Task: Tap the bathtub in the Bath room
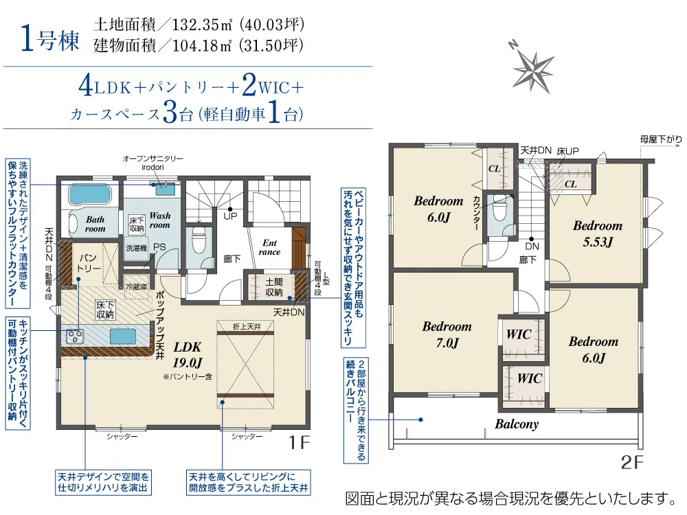[x=91, y=194]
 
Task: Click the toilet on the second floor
[x=499, y=209]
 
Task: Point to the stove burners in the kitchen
[x=74, y=336]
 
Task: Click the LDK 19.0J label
[x=188, y=355]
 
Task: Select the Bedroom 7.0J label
[x=447, y=334]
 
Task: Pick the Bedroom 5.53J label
[x=598, y=233]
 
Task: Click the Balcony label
[x=517, y=424]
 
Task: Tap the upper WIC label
[x=519, y=334]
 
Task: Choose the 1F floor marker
[x=299, y=442]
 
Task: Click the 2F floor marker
[x=632, y=462]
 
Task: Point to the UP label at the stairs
[x=230, y=216]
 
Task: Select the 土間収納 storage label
[x=274, y=287]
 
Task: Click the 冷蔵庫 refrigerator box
[x=137, y=287]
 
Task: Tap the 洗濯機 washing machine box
[x=136, y=249]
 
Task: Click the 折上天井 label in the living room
[x=247, y=327]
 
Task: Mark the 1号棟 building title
[x=50, y=39]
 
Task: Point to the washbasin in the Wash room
[x=164, y=188]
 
